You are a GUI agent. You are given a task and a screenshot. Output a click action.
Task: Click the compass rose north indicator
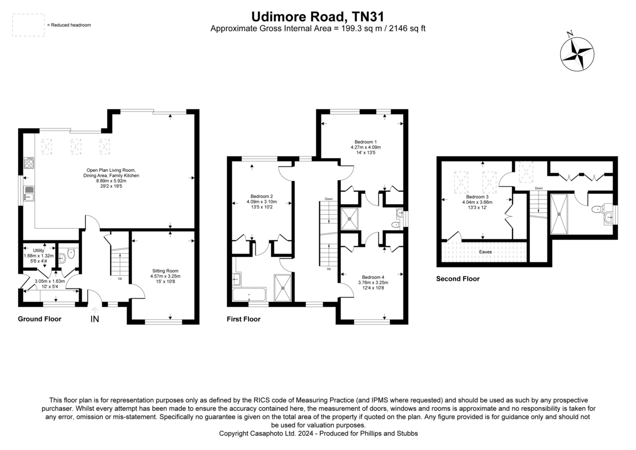click(x=577, y=54)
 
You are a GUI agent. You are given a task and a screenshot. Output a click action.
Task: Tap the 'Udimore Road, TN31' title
click(x=317, y=16)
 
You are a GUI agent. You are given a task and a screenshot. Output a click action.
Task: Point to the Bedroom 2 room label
click(x=261, y=196)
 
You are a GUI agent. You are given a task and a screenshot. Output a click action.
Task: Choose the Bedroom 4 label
click(x=373, y=277)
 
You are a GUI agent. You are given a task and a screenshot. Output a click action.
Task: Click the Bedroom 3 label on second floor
click(x=478, y=197)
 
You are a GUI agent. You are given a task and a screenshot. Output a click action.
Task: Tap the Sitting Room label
click(x=165, y=271)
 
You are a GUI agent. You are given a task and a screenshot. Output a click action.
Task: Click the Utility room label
click(x=39, y=250)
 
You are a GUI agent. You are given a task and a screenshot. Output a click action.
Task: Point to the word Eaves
click(x=485, y=252)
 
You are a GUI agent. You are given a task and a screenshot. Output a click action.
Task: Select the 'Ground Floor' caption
click(x=39, y=319)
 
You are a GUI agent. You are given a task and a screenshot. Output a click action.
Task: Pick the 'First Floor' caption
click(x=244, y=319)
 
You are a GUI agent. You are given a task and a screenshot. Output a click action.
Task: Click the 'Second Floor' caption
click(x=458, y=279)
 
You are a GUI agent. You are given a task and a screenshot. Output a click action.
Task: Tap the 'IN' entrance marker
click(x=94, y=319)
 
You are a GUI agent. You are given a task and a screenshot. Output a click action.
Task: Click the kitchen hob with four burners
click(x=29, y=162)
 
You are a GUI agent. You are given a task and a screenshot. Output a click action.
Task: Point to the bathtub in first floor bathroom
click(x=249, y=294)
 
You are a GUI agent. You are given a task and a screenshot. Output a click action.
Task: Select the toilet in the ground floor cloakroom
click(x=71, y=254)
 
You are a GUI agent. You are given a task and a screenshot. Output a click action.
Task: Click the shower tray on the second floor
click(x=559, y=214)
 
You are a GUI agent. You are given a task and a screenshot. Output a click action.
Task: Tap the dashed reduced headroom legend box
click(x=29, y=25)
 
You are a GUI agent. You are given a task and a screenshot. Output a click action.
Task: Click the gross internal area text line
click(x=317, y=29)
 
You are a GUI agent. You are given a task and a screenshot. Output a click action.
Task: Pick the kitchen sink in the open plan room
click(x=29, y=193)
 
